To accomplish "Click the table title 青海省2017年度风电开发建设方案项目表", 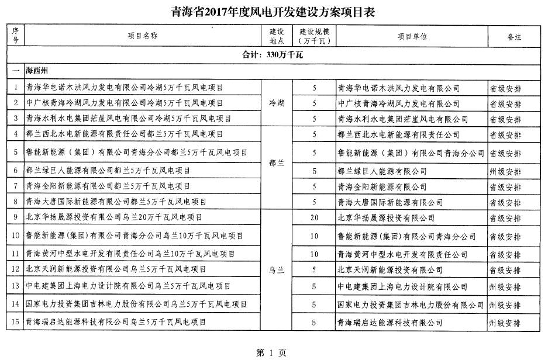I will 274,11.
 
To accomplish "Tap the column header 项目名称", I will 143,36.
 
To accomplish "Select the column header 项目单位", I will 412,36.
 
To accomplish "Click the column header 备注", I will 514,36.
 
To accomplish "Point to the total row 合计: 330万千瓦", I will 274,56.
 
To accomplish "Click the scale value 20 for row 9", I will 314,217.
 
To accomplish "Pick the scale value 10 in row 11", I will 314,254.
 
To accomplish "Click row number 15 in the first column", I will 15,321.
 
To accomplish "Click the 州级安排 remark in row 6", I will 505,171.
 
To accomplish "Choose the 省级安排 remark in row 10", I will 505,237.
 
